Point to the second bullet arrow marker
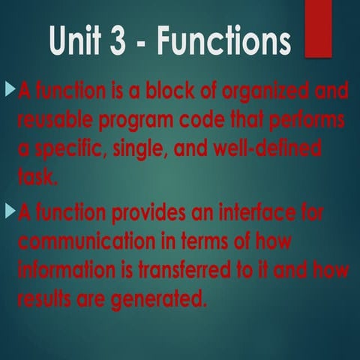coord(10,212)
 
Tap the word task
coord(37,176)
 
